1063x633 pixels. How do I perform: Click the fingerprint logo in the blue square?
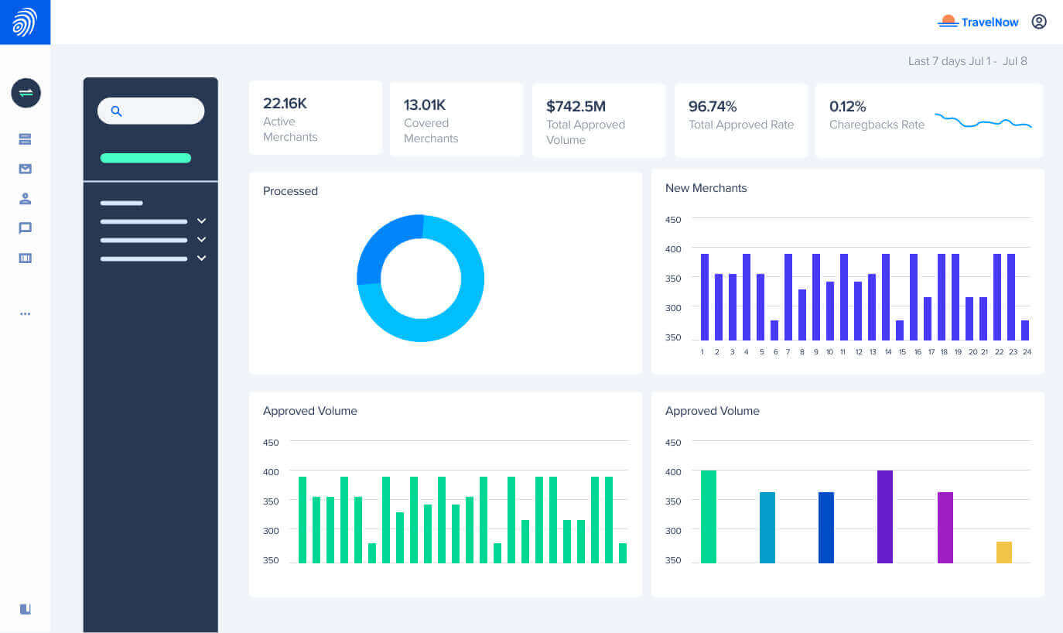[25, 22]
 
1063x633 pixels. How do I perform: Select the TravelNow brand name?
[990, 22]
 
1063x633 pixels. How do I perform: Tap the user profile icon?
[1039, 22]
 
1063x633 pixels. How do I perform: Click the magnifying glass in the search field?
[116, 111]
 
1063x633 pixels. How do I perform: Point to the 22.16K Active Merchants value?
[285, 103]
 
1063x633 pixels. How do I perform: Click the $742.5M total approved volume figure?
[576, 106]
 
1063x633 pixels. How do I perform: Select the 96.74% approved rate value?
[713, 106]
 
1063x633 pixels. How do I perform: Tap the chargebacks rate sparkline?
[983, 121]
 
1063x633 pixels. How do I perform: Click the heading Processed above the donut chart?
[290, 191]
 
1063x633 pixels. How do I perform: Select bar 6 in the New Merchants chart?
[774, 330]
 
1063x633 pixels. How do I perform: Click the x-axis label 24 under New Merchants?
[1027, 351]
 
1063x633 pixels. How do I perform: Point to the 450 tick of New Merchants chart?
[673, 220]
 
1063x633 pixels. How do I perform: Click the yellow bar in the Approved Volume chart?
[1003, 553]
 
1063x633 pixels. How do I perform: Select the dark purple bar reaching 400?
[885, 517]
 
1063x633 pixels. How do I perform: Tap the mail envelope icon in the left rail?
[26, 169]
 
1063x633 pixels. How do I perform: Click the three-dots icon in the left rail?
[26, 313]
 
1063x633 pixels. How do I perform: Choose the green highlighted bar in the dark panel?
[145, 158]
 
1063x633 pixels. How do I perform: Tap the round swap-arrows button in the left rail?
[26, 93]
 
